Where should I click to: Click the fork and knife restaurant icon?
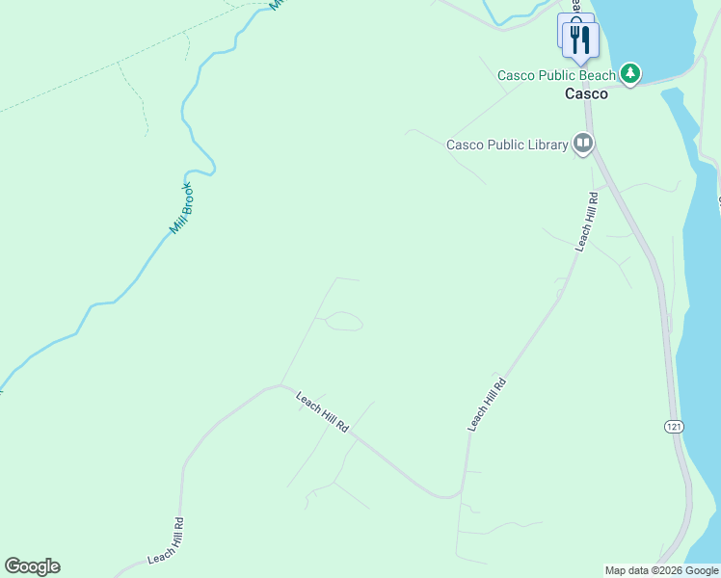581,39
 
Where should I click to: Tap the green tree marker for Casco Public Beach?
630,73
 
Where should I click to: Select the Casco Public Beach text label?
556,75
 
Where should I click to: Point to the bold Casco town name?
586,93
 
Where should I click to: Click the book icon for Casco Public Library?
583,144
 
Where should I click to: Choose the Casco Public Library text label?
507,145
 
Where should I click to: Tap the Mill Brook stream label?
182,209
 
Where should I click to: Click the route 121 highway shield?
670,425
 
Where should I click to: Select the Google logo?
32,566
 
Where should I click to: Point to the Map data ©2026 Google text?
661,570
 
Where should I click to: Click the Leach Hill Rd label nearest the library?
587,222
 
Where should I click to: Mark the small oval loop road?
343,322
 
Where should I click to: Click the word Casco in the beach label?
515,75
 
